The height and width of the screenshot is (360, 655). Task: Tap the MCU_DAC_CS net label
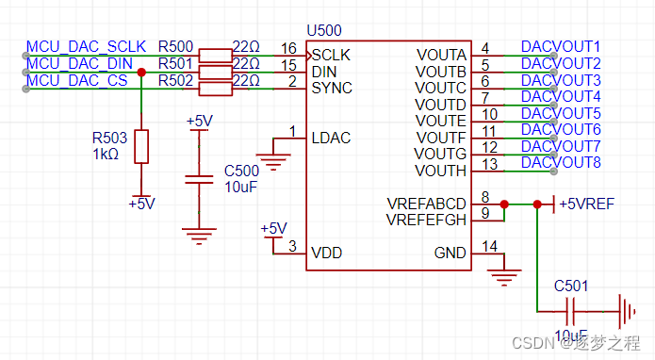click(x=76, y=81)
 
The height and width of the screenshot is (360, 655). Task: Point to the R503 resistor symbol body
click(x=141, y=146)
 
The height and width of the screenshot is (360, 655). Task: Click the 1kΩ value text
click(x=105, y=154)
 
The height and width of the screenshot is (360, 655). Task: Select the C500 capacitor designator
click(x=240, y=171)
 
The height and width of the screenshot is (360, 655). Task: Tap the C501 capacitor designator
click(x=571, y=285)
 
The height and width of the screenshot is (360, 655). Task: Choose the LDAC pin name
click(x=331, y=138)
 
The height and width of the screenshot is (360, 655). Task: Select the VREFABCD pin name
click(x=426, y=204)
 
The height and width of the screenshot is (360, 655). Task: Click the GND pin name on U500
click(x=450, y=253)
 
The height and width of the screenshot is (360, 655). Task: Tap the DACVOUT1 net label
click(x=560, y=47)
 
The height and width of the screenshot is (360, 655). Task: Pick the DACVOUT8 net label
click(x=560, y=163)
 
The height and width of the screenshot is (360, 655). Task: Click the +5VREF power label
click(x=588, y=204)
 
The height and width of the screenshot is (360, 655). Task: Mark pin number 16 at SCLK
click(x=288, y=48)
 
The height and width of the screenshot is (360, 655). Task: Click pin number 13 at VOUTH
click(x=486, y=164)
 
